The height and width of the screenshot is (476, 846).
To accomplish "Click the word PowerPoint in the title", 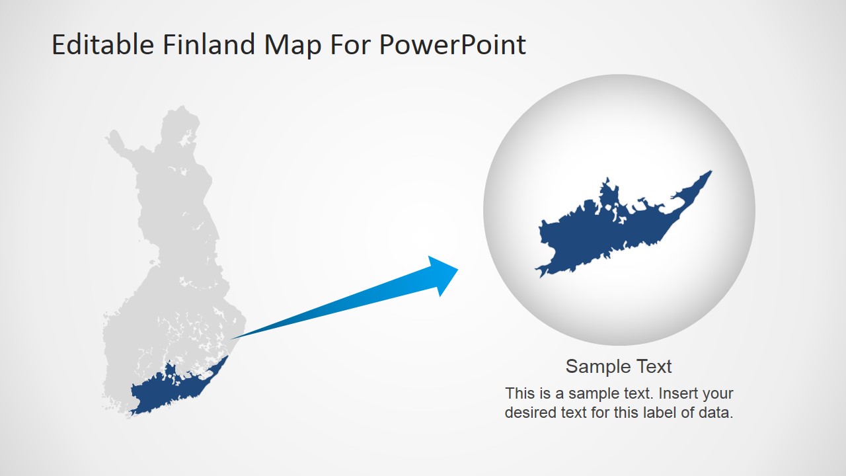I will point(453,45).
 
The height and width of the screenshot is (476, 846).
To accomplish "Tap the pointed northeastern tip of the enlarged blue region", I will point(710,173).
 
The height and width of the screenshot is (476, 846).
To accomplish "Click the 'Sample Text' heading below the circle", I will point(619,366).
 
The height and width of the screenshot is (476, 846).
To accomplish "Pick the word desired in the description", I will point(530,413).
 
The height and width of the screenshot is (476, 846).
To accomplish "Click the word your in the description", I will point(718,393).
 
